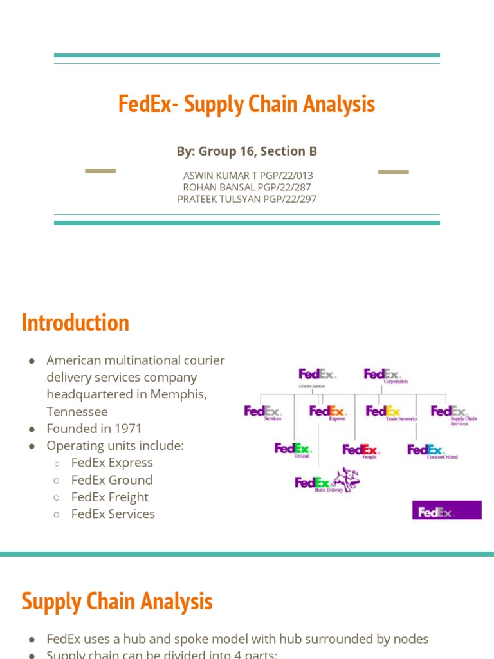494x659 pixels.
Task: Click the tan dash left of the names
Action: click(x=100, y=171)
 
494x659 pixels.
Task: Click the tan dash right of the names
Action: click(x=393, y=172)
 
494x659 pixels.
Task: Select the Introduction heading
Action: click(x=75, y=322)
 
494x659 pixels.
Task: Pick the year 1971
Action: click(x=127, y=428)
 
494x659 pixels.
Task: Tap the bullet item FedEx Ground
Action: click(x=112, y=479)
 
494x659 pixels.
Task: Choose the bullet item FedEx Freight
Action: click(x=110, y=497)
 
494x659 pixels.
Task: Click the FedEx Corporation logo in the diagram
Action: click(x=385, y=376)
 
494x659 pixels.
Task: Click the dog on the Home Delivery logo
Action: click(x=345, y=478)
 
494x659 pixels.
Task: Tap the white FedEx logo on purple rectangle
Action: click(x=446, y=512)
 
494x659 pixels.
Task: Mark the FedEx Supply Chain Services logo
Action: click(x=450, y=413)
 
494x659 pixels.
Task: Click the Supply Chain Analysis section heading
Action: click(x=116, y=602)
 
